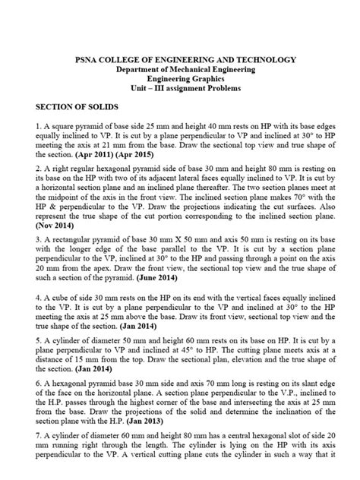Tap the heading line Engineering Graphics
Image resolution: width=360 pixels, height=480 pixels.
(180, 80)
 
